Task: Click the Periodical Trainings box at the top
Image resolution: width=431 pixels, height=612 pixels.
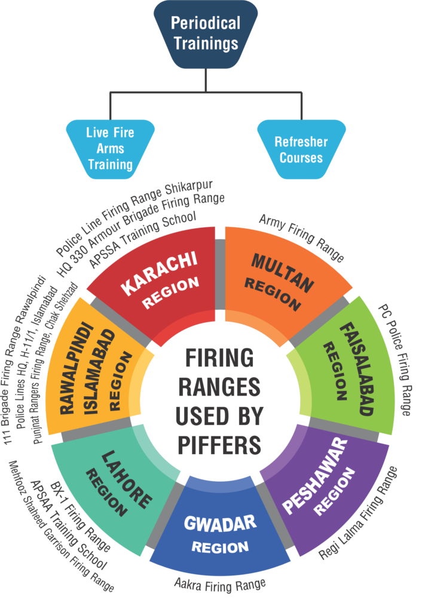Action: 205,33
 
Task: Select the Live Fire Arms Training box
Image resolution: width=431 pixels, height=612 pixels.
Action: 110,148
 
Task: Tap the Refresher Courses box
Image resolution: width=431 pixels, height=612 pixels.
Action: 301,149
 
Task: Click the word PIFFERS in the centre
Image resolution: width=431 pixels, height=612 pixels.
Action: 218,444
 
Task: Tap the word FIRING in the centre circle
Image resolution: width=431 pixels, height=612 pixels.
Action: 219,359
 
